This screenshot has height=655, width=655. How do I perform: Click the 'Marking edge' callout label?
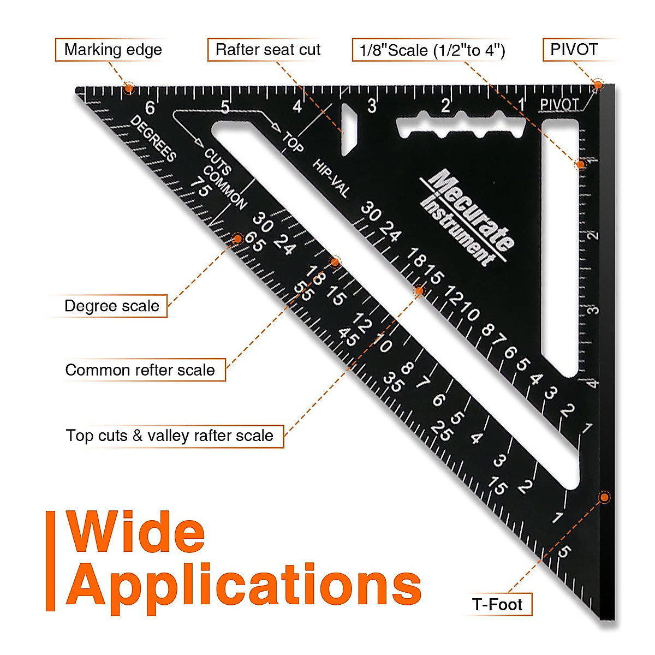[x=113, y=50]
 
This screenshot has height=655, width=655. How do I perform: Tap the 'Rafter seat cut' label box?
[x=267, y=50]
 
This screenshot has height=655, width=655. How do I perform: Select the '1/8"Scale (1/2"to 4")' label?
[x=432, y=50]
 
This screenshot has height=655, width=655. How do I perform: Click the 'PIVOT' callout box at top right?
[x=574, y=50]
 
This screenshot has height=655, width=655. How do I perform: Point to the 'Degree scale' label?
[x=112, y=306]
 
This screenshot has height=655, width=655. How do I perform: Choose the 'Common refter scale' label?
[x=140, y=370]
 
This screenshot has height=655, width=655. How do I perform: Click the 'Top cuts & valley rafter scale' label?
[x=170, y=436]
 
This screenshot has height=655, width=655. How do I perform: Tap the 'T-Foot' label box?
[x=497, y=605]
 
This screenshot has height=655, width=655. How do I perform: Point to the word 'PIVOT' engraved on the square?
[x=559, y=105]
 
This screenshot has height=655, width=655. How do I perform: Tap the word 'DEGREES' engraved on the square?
[x=153, y=139]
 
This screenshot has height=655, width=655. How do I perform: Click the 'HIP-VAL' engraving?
[x=331, y=178]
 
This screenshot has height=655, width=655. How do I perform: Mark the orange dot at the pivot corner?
[x=598, y=85]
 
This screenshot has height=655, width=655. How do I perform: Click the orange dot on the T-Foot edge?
[x=604, y=497]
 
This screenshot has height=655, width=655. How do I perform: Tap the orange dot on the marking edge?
[x=129, y=88]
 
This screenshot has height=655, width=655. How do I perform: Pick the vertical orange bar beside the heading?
[x=51, y=561]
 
